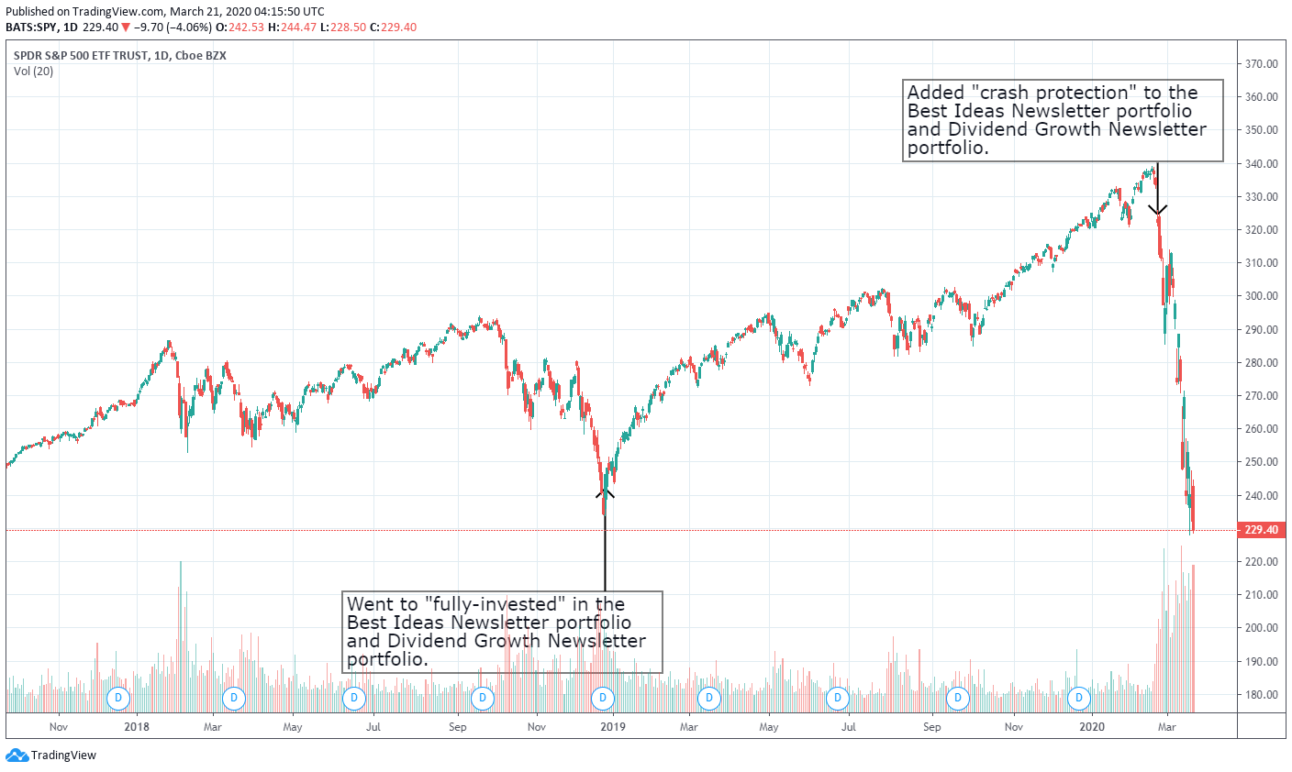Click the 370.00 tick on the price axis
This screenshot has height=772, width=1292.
point(1262,64)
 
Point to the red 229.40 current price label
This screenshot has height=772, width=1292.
point(1262,530)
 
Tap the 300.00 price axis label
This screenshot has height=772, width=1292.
point(1262,296)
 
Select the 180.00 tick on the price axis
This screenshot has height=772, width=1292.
point(1262,695)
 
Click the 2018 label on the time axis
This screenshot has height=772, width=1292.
point(136,727)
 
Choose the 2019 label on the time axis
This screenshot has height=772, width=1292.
point(612,727)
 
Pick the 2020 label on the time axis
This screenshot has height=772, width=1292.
point(1091,727)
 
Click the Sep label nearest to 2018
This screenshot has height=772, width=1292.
point(458,727)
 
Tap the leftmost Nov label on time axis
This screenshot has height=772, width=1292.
point(59,727)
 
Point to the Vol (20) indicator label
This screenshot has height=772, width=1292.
point(34,72)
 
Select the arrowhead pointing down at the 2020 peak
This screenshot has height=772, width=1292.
point(1158,210)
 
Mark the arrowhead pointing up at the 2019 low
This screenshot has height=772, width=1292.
point(605,494)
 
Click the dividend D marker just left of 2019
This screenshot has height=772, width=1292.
point(603,698)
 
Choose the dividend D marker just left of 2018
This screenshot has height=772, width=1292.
point(117,698)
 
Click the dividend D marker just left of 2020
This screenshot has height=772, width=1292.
point(1080,698)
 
